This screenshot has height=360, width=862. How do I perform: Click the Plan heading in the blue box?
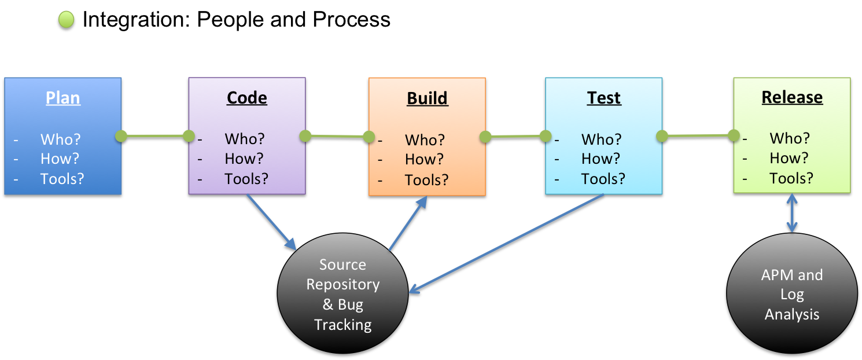[63, 98]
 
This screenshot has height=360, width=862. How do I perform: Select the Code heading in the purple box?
[247, 98]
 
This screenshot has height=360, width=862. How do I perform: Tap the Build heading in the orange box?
[428, 98]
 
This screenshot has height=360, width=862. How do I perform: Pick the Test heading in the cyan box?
[604, 98]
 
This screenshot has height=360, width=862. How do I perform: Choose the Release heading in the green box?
[792, 97]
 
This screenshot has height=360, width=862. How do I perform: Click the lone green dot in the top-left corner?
[67, 20]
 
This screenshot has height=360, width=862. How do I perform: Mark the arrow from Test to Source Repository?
[506, 243]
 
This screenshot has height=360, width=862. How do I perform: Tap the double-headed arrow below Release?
[791, 213]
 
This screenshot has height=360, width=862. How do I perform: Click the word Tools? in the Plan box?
[62, 178]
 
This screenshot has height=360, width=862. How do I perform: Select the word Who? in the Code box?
[245, 139]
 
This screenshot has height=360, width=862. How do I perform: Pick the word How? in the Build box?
[424, 160]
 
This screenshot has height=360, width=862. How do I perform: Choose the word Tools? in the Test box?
[603, 178]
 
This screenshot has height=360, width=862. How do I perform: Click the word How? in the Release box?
[789, 158]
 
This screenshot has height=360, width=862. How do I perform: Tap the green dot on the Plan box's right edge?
[121, 136]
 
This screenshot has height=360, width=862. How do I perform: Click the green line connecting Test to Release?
[698, 136]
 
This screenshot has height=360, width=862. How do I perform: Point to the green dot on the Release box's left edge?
[734, 135]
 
